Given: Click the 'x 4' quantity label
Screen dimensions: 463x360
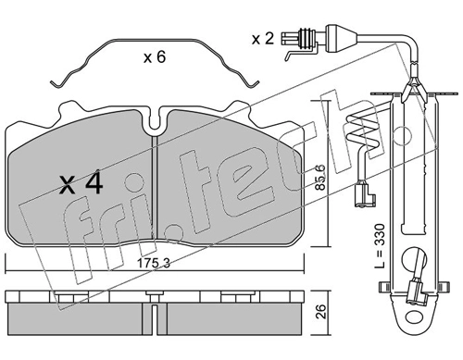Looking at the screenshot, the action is (81, 183).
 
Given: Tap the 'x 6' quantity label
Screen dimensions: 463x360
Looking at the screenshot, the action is (155, 57).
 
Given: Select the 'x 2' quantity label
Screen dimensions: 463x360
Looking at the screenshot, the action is (263, 39).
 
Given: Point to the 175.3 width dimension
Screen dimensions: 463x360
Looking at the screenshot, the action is (154, 263).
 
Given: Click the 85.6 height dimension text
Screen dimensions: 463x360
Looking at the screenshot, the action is (320, 177).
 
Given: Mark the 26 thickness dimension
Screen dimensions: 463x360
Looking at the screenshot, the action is (320, 312).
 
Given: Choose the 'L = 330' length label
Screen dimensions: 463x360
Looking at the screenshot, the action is (381, 245).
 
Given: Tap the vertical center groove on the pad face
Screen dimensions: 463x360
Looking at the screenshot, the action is (156, 188).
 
